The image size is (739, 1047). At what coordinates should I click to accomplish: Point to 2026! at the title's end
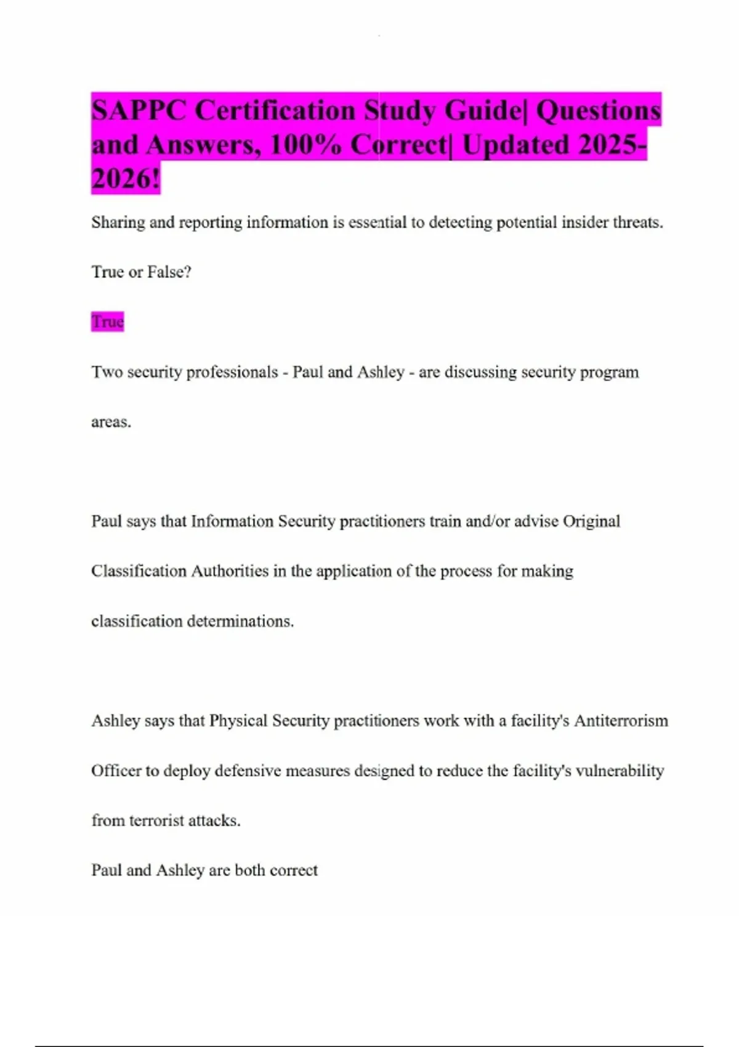click(126, 179)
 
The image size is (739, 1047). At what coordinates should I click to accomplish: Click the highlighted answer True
click(108, 321)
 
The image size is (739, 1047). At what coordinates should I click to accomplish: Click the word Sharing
click(118, 222)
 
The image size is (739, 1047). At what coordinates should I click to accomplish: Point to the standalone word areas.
click(111, 422)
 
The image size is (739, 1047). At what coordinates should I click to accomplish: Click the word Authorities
click(230, 571)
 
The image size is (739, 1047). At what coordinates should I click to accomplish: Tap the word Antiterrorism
click(621, 721)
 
